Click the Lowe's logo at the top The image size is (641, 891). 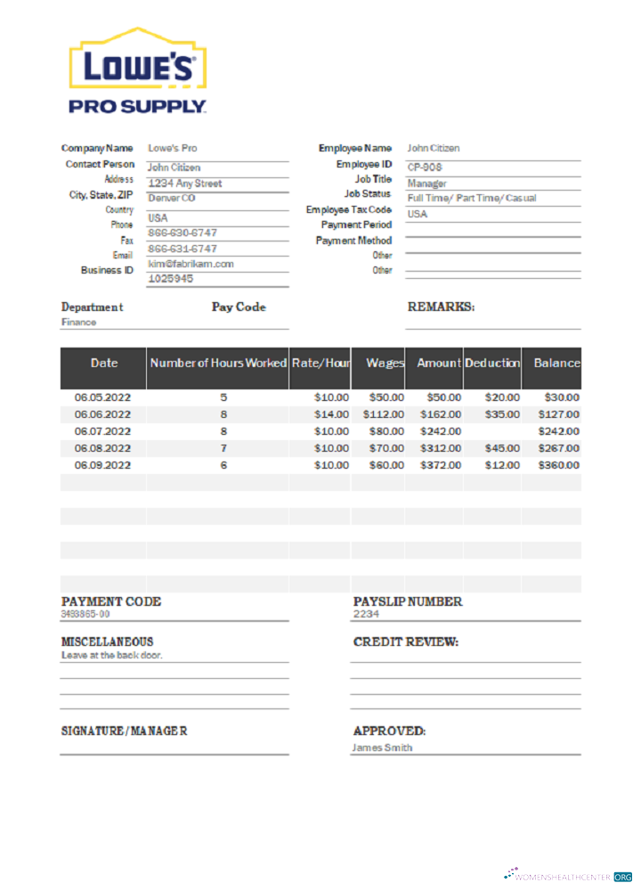click(138, 69)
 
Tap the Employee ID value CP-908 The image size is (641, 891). click(425, 167)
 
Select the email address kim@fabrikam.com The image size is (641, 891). click(191, 264)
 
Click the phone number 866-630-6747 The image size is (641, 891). click(182, 233)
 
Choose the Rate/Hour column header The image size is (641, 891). click(320, 363)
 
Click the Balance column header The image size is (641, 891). click(556, 363)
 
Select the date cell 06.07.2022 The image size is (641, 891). click(102, 431)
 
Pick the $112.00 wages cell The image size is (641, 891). click(383, 414)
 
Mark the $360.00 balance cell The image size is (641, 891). click(558, 465)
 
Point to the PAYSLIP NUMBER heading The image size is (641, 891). click(408, 601)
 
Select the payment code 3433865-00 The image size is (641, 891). click(85, 614)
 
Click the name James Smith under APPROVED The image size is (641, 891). click(382, 748)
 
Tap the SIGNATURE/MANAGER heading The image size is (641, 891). click(124, 731)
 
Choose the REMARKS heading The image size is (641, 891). click(441, 307)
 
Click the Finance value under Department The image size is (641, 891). click(78, 322)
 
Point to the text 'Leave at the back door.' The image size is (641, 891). click(111, 655)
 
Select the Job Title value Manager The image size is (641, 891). click(426, 183)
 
